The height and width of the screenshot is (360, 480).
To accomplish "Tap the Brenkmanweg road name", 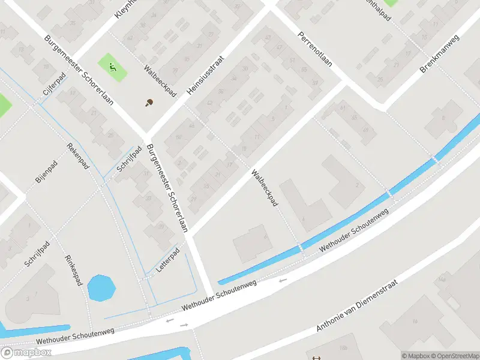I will (x=439, y=54).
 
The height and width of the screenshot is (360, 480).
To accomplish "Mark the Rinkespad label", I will (x=73, y=271).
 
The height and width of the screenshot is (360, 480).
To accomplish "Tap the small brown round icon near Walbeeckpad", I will (x=148, y=102).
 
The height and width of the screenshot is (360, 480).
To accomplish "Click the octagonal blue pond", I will (x=101, y=287).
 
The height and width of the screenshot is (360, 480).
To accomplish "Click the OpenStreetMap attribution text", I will (x=453, y=356).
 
